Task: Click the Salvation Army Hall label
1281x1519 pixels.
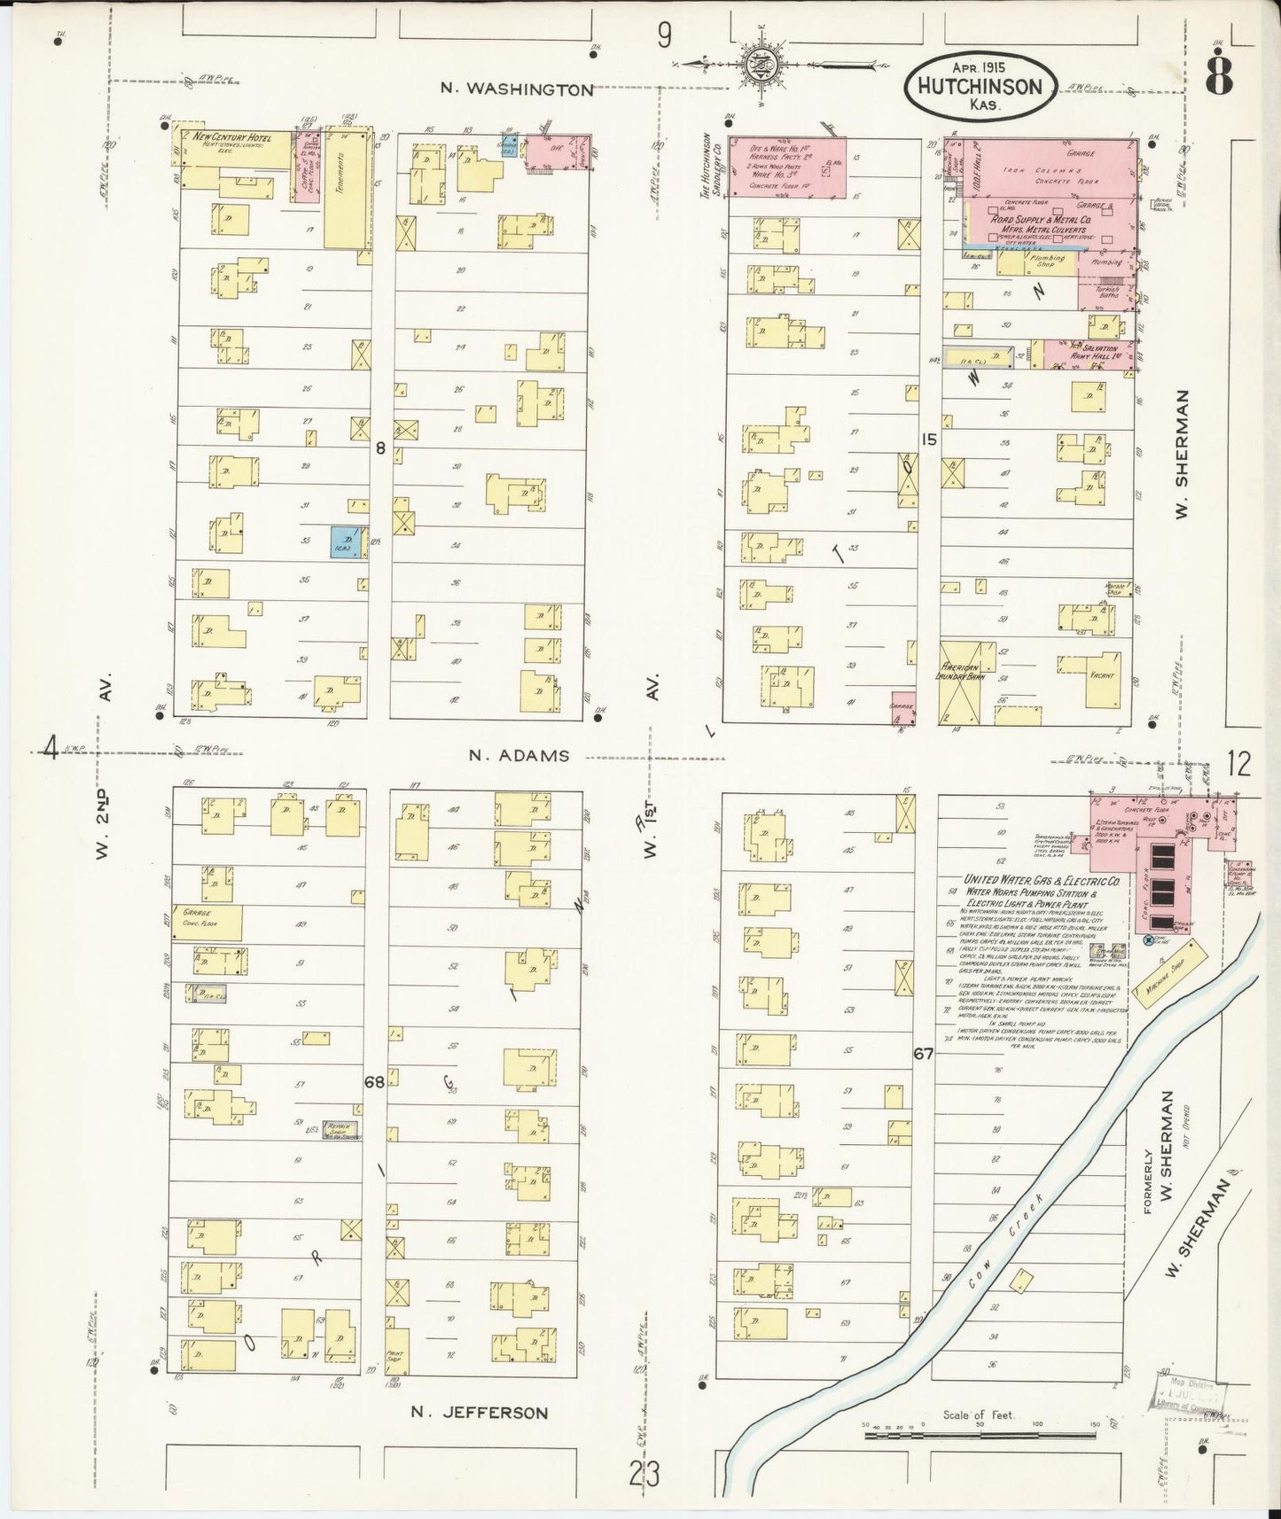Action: pyautogui.click(x=1093, y=352)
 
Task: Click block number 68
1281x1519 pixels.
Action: pyautogui.click(x=374, y=1081)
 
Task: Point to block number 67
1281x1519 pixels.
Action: pyautogui.click(x=925, y=1054)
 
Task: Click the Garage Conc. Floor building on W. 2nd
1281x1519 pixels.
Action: pyautogui.click(x=211, y=922)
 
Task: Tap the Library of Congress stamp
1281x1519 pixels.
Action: pyautogui.click(x=1190, y=1398)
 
